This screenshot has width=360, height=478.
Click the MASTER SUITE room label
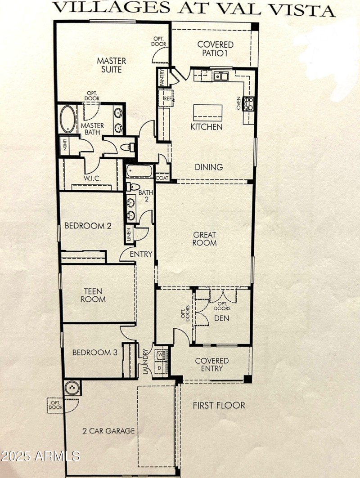(x=112, y=65)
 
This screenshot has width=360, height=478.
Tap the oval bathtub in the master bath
(x=68, y=119)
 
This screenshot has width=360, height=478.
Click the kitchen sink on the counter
(x=221, y=76)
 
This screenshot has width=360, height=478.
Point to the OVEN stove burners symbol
(x=247, y=104)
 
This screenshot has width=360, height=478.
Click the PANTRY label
(x=162, y=77)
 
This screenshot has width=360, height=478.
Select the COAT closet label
(x=162, y=178)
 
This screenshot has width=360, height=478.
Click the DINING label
(x=209, y=167)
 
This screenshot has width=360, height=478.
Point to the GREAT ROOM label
(x=205, y=239)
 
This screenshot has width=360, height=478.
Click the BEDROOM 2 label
(x=88, y=226)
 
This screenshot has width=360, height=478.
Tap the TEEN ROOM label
(x=94, y=295)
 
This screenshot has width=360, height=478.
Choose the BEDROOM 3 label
(x=95, y=353)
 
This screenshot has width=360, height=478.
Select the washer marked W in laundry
(x=161, y=355)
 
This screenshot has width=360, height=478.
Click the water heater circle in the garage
(x=72, y=388)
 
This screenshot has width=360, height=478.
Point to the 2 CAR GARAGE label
(x=108, y=431)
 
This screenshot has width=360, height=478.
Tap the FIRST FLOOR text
(x=219, y=406)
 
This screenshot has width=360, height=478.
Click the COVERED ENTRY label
(x=211, y=365)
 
